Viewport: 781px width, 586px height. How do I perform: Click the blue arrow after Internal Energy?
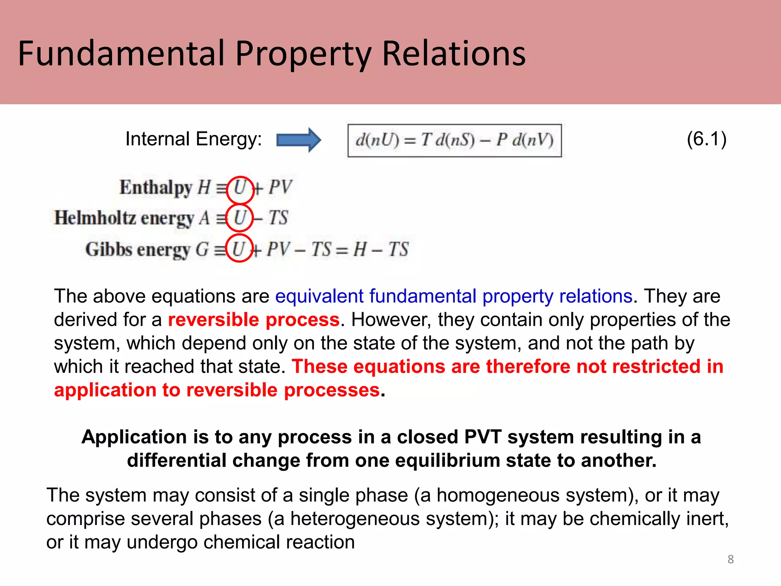pyautogui.click(x=298, y=140)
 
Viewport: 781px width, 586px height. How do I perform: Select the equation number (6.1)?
pyautogui.click(x=706, y=139)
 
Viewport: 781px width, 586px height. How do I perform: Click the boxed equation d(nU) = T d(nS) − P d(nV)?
pyautogui.click(x=454, y=140)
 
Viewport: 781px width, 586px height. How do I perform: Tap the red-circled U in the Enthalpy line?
pyautogui.click(x=240, y=189)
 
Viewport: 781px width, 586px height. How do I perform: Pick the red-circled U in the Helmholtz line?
pyautogui.click(x=239, y=218)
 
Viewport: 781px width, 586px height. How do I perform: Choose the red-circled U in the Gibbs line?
pyautogui.click(x=239, y=249)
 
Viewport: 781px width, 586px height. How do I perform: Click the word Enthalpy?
pyautogui.click(x=156, y=188)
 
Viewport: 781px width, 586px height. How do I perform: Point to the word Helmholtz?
pyautogui.click(x=95, y=218)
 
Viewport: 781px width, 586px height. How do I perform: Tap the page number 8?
pyautogui.click(x=730, y=559)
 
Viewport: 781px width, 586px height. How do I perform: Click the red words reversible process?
pyautogui.click(x=254, y=320)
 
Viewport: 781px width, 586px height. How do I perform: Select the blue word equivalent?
pyautogui.click(x=319, y=296)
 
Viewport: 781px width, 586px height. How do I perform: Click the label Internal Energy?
pyautogui.click(x=193, y=139)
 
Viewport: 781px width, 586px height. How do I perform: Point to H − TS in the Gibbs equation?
pyautogui.click(x=381, y=250)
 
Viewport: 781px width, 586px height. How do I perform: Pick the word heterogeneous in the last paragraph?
pyautogui.click(x=355, y=519)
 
